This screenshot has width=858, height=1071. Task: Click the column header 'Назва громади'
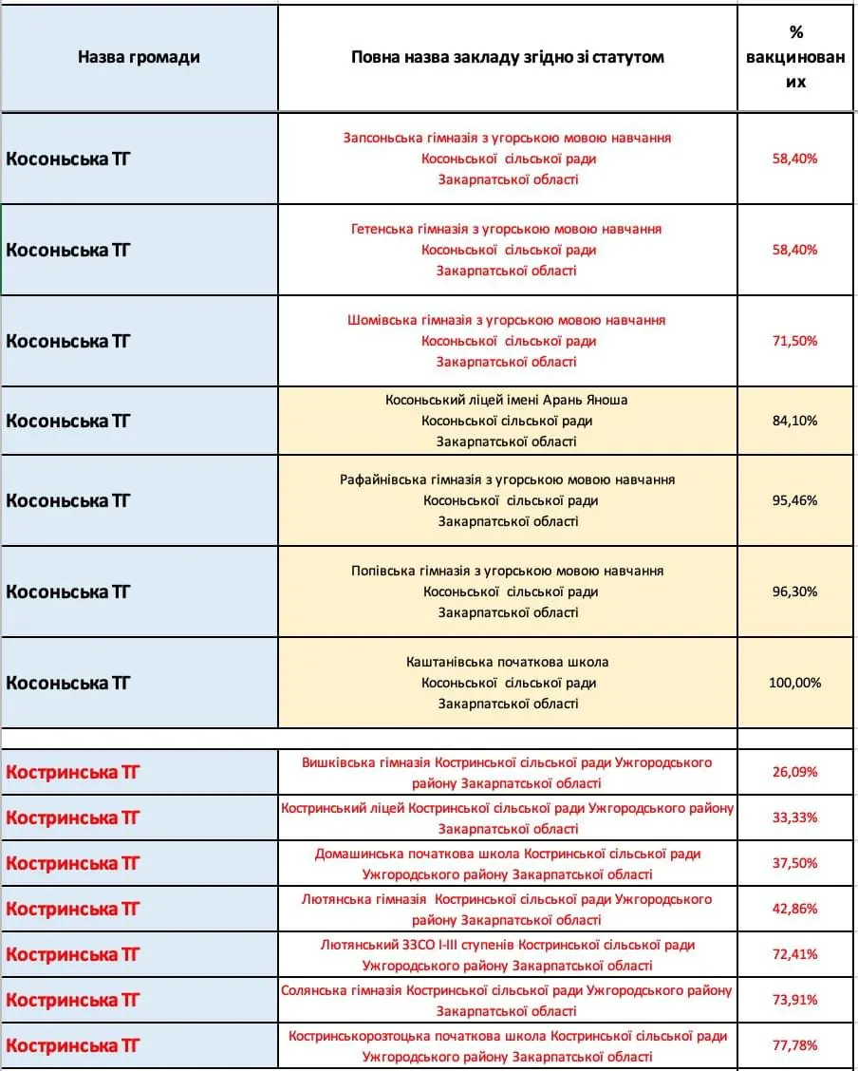click(139, 57)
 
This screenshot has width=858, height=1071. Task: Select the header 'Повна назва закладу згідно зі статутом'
click(507, 57)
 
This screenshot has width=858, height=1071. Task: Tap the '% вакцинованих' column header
click(795, 57)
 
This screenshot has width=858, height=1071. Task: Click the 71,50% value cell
click(795, 341)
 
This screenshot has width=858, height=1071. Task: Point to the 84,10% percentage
click(795, 421)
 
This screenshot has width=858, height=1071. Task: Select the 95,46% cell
click(795, 500)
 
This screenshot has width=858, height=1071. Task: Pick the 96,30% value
click(795, 592)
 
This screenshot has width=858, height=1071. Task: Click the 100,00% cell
click(795, 683)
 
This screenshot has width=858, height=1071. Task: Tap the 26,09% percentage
click(795, 772)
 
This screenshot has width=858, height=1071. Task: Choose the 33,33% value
click(795, 817)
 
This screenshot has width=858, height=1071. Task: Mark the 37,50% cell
click(795, 863)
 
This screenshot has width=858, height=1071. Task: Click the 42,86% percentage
click(795, 909)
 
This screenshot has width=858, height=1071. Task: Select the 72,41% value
click(795, 954)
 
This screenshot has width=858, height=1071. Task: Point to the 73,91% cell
click(795, 1000)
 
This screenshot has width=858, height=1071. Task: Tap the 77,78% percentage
click(795, 1045)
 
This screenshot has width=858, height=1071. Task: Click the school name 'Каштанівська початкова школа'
click(507, 662)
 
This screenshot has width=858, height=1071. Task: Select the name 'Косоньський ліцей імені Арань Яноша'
click(507, 400)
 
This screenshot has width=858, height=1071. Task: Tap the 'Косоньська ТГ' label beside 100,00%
click(68, 683)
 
